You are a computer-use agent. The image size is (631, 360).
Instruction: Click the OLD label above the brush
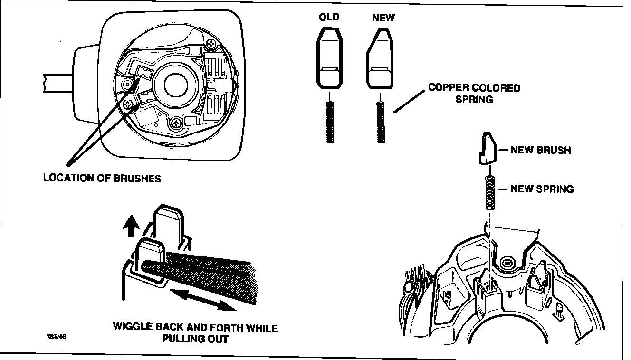329,18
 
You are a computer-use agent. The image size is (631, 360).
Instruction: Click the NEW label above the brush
383,18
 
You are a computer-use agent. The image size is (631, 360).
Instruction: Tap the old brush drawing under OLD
329,59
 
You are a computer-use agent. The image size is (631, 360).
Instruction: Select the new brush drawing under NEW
380,59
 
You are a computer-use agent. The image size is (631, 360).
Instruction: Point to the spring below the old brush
329,123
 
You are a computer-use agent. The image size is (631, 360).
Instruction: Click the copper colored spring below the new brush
380,123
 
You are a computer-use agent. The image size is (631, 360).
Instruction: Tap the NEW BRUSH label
541,151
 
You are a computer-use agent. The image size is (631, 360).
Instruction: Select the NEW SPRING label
542,189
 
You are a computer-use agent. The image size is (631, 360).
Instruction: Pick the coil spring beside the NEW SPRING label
489,193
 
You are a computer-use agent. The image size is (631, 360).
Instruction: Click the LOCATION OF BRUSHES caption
102,179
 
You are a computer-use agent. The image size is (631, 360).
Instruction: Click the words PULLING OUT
195,339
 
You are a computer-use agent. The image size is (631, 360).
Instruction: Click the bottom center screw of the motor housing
178,123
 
